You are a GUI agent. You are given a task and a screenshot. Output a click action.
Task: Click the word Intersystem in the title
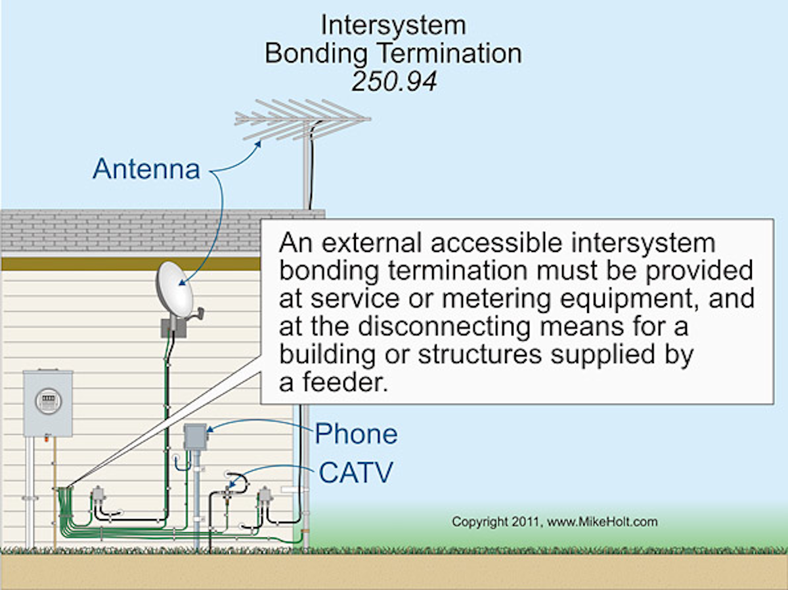(393, 25)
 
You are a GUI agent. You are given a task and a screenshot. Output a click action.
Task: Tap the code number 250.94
(394, 81)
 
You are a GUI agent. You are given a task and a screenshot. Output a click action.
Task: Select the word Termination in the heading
(450, 54)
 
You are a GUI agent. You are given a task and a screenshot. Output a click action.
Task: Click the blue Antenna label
(146, 169)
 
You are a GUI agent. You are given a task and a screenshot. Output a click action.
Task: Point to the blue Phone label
(357, 434)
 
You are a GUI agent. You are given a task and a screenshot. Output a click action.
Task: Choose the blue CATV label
(356, 473)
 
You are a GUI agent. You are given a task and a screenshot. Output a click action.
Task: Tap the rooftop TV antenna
(303, 120)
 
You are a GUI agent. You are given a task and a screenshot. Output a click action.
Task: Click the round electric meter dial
(48, 401)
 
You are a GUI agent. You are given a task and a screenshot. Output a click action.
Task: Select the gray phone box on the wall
(196, 437)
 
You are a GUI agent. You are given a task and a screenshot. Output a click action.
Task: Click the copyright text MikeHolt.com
(602, 522)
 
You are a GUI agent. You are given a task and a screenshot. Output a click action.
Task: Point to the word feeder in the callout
(345, 383)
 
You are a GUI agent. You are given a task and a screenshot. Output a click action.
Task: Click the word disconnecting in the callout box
(444, 327)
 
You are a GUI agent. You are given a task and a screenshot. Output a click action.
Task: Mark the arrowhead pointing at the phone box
(209, 429)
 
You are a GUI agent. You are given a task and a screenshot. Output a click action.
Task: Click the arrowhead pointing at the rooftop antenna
(258, 144)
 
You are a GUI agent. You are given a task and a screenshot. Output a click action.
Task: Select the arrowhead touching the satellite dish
(182, 283)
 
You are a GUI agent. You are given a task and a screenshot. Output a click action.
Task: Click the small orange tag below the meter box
(47, 438)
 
